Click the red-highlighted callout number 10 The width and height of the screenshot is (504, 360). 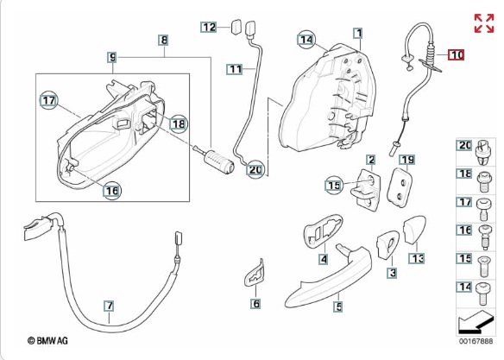point(457,54)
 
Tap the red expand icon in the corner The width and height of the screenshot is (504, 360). point(484,23)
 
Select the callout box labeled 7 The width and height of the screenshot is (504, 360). point(109,306)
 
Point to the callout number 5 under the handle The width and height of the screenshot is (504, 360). point(339,306)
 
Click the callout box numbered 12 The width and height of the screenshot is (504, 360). point(208,27)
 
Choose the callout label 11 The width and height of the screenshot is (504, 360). point(235,69)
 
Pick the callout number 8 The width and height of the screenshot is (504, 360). point(164,41)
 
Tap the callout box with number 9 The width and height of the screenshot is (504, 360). point(112,57)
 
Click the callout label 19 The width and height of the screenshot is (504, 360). point(407,160)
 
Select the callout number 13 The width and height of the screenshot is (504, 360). point(417,258)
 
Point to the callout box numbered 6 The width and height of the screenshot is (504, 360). point(255,304)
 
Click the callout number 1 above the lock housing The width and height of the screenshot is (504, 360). point(359,33)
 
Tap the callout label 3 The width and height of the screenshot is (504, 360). point(392,273)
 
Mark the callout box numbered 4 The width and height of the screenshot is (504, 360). point(324,259)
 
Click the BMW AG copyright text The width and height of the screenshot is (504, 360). point(47,340)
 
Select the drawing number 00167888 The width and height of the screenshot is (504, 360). point(476,341)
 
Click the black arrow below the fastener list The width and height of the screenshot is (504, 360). point(475,323)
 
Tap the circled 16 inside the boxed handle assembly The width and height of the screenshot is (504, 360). point(112,191)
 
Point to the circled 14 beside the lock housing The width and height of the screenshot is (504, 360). point(306,40)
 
